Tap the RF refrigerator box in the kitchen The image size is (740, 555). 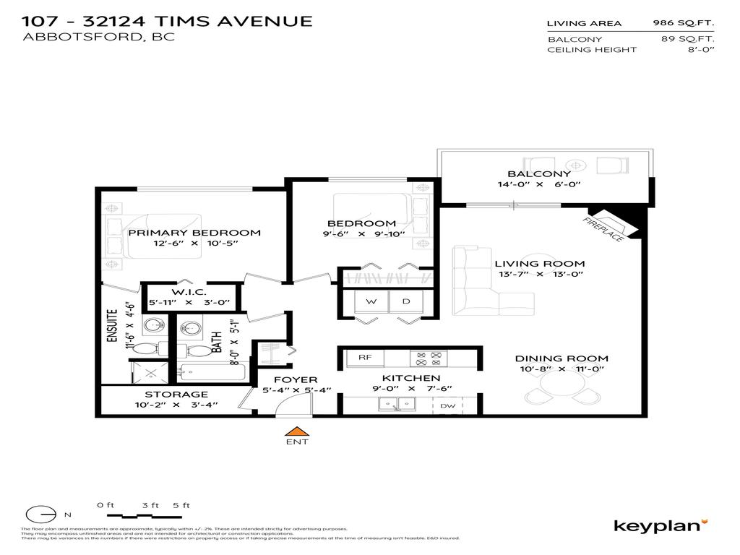365,356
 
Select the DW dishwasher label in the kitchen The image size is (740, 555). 448,406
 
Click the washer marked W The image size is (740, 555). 370,301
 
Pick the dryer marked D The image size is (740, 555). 406,301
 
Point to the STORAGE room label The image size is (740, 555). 176,394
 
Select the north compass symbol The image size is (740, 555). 42,515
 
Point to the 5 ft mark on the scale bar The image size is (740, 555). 181,505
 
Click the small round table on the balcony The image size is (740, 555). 576,164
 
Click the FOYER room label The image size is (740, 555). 296,379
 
